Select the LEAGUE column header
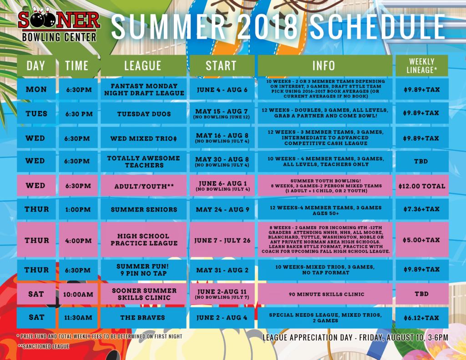pos(143,66)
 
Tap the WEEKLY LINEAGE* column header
pos(422,66)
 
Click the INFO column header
pos(325,66)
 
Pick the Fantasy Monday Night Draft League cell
pos(143,89)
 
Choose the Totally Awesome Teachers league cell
pos(143,162)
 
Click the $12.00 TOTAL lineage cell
pos(422,186)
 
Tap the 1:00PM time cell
pos(78,209)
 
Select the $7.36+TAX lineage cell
pos(422,209)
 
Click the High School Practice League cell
pos(143,239)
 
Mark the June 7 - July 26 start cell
pos(222,239)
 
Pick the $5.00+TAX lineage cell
pos(422,239)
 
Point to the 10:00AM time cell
pos(78,294)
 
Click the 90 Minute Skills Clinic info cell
pos(325,294)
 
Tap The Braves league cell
pos(143,318)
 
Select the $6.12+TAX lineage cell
pos(422,318)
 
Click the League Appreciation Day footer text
pos(355,337)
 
